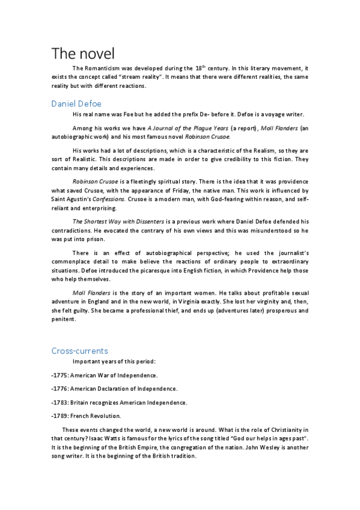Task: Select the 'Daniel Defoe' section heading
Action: point(76,103)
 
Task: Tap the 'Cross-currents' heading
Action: point(80,350)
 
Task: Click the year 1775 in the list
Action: point(60,375)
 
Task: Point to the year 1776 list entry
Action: point(60,389)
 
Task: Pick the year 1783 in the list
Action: point(60,402)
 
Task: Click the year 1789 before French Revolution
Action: point(60,416)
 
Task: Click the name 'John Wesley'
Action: point(270,447)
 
